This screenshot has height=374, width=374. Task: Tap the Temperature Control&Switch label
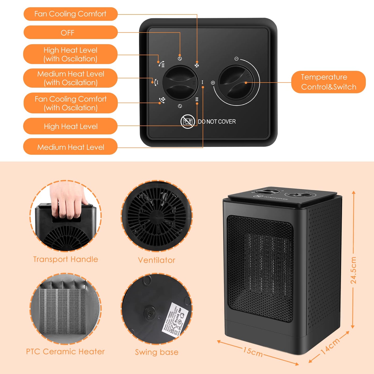tap(328, 82)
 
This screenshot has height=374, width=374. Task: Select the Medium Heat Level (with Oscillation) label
tap(70, 78)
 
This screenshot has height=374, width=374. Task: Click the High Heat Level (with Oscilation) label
tap(70, 54)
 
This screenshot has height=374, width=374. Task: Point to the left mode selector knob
tap(180, 83)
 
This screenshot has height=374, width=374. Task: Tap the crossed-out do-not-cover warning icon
tap(187, 121)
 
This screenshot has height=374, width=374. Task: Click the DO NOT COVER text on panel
tap(217, 122)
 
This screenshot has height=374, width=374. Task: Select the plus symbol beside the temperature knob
tap(213, 83)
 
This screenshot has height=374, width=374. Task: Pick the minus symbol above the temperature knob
tap(236, 59)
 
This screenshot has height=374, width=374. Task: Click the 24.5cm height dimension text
tap(354, 270)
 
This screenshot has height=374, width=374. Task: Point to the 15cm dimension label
tap(253, 351)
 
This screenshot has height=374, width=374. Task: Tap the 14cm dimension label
tap(330, 346)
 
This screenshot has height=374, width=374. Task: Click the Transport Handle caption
tap(65, 259)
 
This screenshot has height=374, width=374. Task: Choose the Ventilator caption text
tap(157, 260)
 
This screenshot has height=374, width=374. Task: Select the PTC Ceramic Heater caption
tap(65, 351)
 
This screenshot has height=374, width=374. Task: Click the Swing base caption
tap(157, 352)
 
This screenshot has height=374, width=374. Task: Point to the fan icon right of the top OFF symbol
tap(197, 65)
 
